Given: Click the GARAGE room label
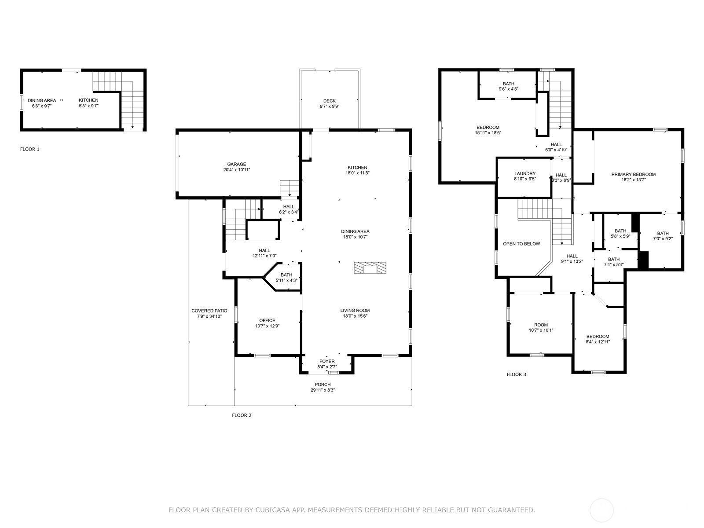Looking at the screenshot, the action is (236, 164).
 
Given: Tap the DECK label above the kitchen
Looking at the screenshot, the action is (330, 101).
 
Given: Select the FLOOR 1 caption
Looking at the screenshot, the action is (30, 149).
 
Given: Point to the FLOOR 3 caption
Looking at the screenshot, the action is (517, 374).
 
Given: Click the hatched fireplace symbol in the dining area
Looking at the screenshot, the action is (370, 268).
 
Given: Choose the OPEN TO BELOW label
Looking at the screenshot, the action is (521, 244).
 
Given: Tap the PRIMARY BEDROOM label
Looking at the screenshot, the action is (634, 174).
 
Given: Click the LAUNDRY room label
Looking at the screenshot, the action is (525, 173).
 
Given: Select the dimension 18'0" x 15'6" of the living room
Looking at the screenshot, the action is (355, 316).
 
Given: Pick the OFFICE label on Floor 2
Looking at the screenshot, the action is (267, 320).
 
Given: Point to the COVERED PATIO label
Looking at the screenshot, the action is (209, 311).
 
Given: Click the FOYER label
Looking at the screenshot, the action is (327, 361).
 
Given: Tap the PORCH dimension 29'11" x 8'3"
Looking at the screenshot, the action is (323, 390).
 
